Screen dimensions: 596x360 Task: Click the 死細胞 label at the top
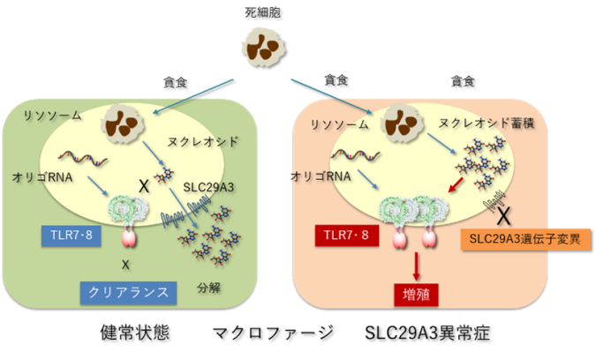262,12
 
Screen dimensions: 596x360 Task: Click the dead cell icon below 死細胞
263,48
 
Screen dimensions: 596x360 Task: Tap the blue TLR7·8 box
72,236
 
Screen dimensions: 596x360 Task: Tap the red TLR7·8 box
347,236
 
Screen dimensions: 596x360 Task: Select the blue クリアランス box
128,293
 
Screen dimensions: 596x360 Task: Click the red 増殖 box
416,295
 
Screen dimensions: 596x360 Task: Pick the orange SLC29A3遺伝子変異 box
525,239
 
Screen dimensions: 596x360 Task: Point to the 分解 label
208,288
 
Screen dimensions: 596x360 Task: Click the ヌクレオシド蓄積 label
487,123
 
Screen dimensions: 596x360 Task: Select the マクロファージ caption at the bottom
273,333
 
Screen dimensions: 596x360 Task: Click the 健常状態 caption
134,333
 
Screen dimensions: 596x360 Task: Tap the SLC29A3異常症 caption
427,333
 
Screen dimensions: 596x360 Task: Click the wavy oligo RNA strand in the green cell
83,158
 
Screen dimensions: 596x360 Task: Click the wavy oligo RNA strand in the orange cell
356,155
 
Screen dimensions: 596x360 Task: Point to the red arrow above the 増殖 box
416,266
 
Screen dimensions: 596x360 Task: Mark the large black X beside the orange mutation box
503,216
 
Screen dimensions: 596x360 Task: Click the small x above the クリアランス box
125,265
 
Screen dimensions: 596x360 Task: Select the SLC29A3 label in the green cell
208,187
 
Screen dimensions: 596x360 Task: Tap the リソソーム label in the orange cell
339,124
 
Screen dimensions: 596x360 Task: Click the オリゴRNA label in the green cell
42,177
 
